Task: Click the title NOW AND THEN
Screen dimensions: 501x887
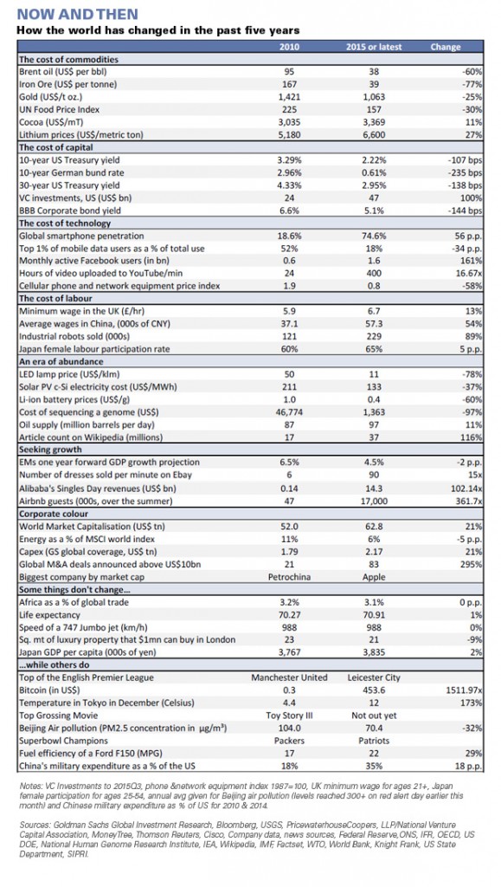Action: pyautogui.click(x=77, y=14)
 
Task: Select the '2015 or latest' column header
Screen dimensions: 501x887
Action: pyautogui.click(x=373, y=47)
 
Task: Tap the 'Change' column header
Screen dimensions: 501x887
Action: pyautogui.click(x=445, y=47)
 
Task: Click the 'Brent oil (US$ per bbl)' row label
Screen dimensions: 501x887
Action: pyautogui.click(x=62, y=72)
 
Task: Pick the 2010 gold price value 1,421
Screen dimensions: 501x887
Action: pyautogui.click(x=289, y=97)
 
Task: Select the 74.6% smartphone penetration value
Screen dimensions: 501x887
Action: pyautogui.click(x=373, y=236)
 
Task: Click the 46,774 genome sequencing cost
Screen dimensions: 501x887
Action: pyautogui.click(x=289, y=411)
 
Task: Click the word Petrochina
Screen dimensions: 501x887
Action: pyautogui.click(x=289, y=577)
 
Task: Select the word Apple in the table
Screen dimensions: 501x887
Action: pyautogui.click(x=373, y=577)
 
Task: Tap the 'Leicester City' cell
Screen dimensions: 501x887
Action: pyautogui.click(x=373, y=677)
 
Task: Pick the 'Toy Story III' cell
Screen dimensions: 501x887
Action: pyautogui.click(x=289, y=715)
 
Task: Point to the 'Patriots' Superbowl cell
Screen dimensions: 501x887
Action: pyautogui.click(x=373, y=741)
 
